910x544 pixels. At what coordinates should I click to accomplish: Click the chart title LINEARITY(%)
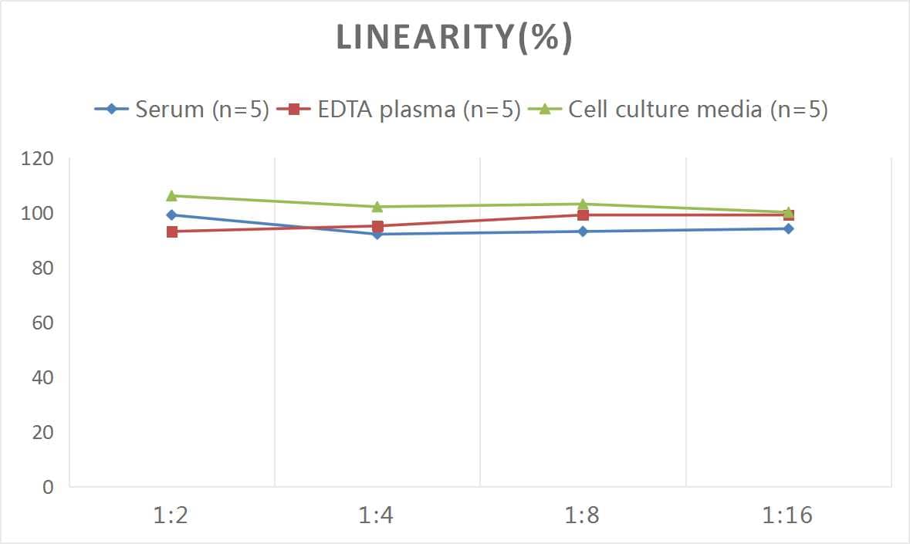point(455,38)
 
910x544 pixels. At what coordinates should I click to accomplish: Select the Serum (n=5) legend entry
point(181,109)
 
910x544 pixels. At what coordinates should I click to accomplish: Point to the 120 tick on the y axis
point(38,159)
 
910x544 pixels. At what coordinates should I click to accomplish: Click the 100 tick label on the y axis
point(38,214)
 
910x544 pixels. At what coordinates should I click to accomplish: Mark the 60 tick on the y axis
point(42,323)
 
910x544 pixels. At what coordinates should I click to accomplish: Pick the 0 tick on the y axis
point(48,487)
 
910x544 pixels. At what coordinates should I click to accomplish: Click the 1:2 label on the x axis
point(171,515)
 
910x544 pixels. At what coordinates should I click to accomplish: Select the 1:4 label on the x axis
point(377,515)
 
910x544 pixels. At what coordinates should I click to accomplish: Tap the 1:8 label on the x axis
point(583,515)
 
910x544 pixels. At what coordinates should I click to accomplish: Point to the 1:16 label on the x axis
point(788,515)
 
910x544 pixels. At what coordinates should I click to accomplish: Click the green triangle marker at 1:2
point(171,196)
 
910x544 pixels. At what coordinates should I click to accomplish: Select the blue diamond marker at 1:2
point(171,215)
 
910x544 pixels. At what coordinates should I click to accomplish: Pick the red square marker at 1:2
point(171,231)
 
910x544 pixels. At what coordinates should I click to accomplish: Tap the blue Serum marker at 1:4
point(377,235)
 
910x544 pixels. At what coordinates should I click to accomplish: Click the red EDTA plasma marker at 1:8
point(583,215)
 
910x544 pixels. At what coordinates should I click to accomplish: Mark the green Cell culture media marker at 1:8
point(583,204)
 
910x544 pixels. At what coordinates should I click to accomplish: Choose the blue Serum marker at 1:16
point(788,228)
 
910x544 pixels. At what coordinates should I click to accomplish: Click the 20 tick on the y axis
point(42,432)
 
